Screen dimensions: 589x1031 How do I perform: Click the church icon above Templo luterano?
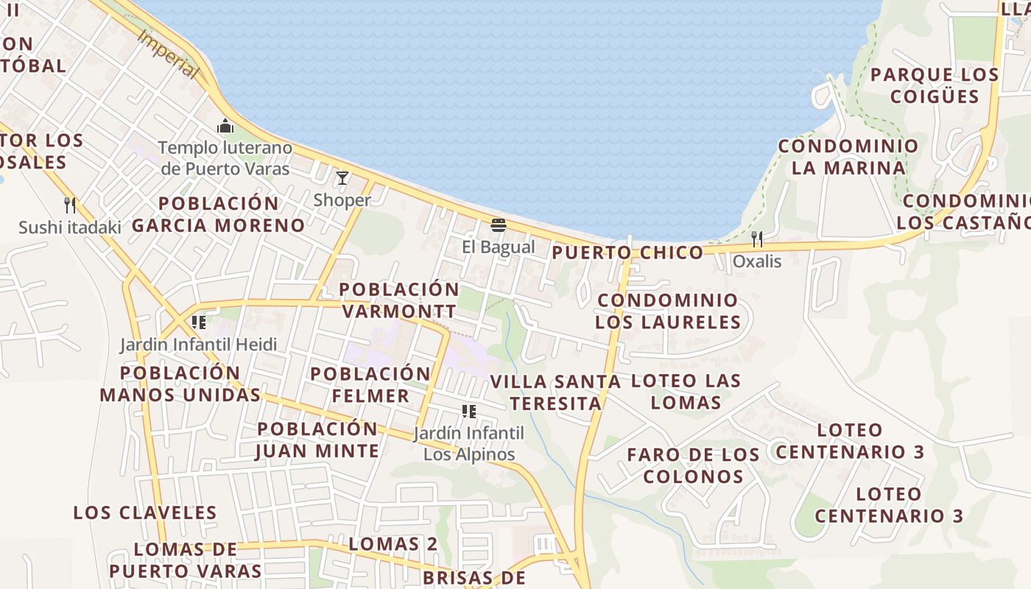[x=225, y=127]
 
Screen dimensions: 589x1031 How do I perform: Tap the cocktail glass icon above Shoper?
[x=342, y=178]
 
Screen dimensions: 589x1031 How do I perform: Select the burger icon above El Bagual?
[x=499, y=225]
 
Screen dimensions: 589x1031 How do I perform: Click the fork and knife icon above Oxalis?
[x=756, y=239]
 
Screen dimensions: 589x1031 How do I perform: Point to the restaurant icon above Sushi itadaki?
[x=70, y=205]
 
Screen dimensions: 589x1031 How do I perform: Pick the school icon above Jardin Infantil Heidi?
[x=198, y=322]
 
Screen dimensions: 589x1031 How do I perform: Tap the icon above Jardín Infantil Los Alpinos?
[x=469, y=411]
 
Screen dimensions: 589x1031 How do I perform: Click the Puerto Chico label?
[x=627, y=253]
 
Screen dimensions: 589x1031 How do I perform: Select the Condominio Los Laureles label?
[x=667, y=311]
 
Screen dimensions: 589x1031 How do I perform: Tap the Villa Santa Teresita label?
[x=555, y=392]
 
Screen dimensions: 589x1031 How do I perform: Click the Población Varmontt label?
[x=398, y=300]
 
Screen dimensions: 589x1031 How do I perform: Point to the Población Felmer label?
[x=370, y=384]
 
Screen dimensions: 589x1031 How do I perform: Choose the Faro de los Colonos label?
[x=693, y=465]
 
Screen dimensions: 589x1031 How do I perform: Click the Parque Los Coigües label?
[x=935, y=85]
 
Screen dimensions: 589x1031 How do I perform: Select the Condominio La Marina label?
[x=848, y=157]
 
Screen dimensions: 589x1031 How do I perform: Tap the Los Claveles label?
[x=144, y=512]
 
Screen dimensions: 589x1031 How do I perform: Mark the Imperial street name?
[x=168, y=54]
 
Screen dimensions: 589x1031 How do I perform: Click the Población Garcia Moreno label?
[x=218, y=214]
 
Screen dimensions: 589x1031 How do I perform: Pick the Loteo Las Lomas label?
[x=686, y=392]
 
